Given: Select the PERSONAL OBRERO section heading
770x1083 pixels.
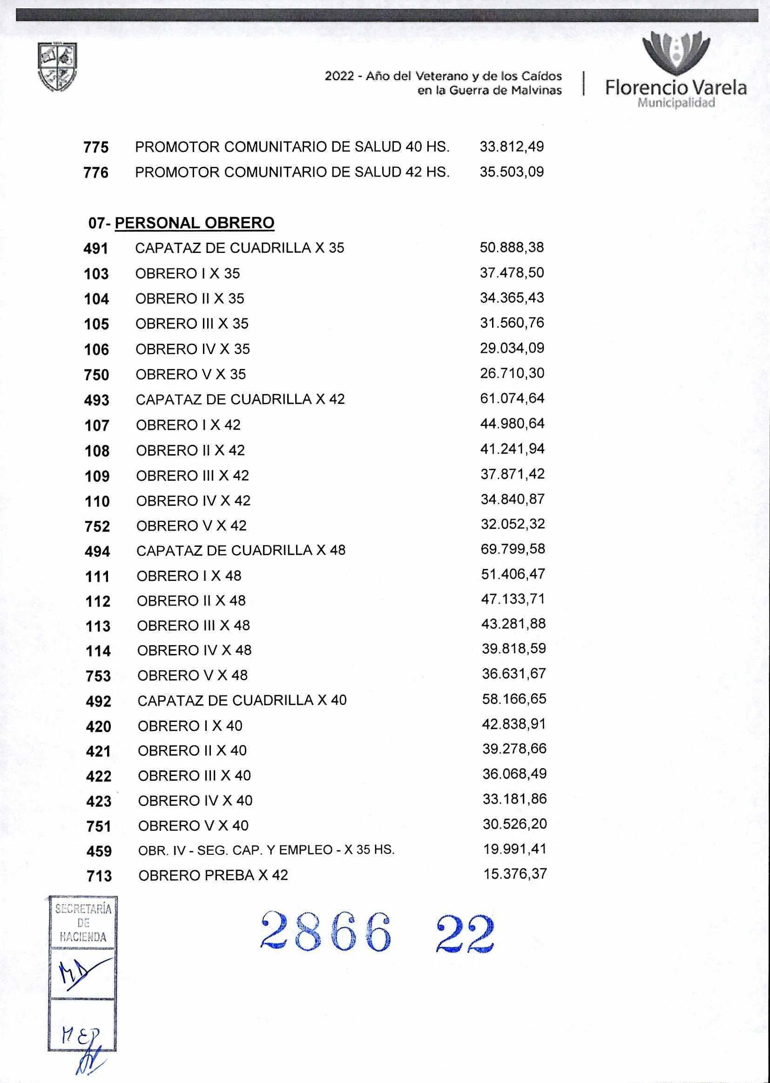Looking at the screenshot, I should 195,223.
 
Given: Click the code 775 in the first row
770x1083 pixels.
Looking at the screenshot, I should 96,148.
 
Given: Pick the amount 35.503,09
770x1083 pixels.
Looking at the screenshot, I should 512,172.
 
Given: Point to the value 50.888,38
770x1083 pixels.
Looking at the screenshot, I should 512,248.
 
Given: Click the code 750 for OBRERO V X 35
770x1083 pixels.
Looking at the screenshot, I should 96,375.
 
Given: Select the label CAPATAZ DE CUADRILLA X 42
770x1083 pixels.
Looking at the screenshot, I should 240,399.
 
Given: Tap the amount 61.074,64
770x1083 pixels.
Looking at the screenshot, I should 512,398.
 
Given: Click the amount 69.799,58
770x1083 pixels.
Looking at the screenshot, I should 513,549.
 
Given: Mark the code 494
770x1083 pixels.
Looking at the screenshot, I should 97,551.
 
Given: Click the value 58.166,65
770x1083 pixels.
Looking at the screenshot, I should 514,699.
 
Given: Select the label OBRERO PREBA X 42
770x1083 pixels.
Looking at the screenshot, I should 213,875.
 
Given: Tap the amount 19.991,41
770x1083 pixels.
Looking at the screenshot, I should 515,849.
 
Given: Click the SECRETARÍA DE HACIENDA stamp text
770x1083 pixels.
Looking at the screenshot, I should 82,923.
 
